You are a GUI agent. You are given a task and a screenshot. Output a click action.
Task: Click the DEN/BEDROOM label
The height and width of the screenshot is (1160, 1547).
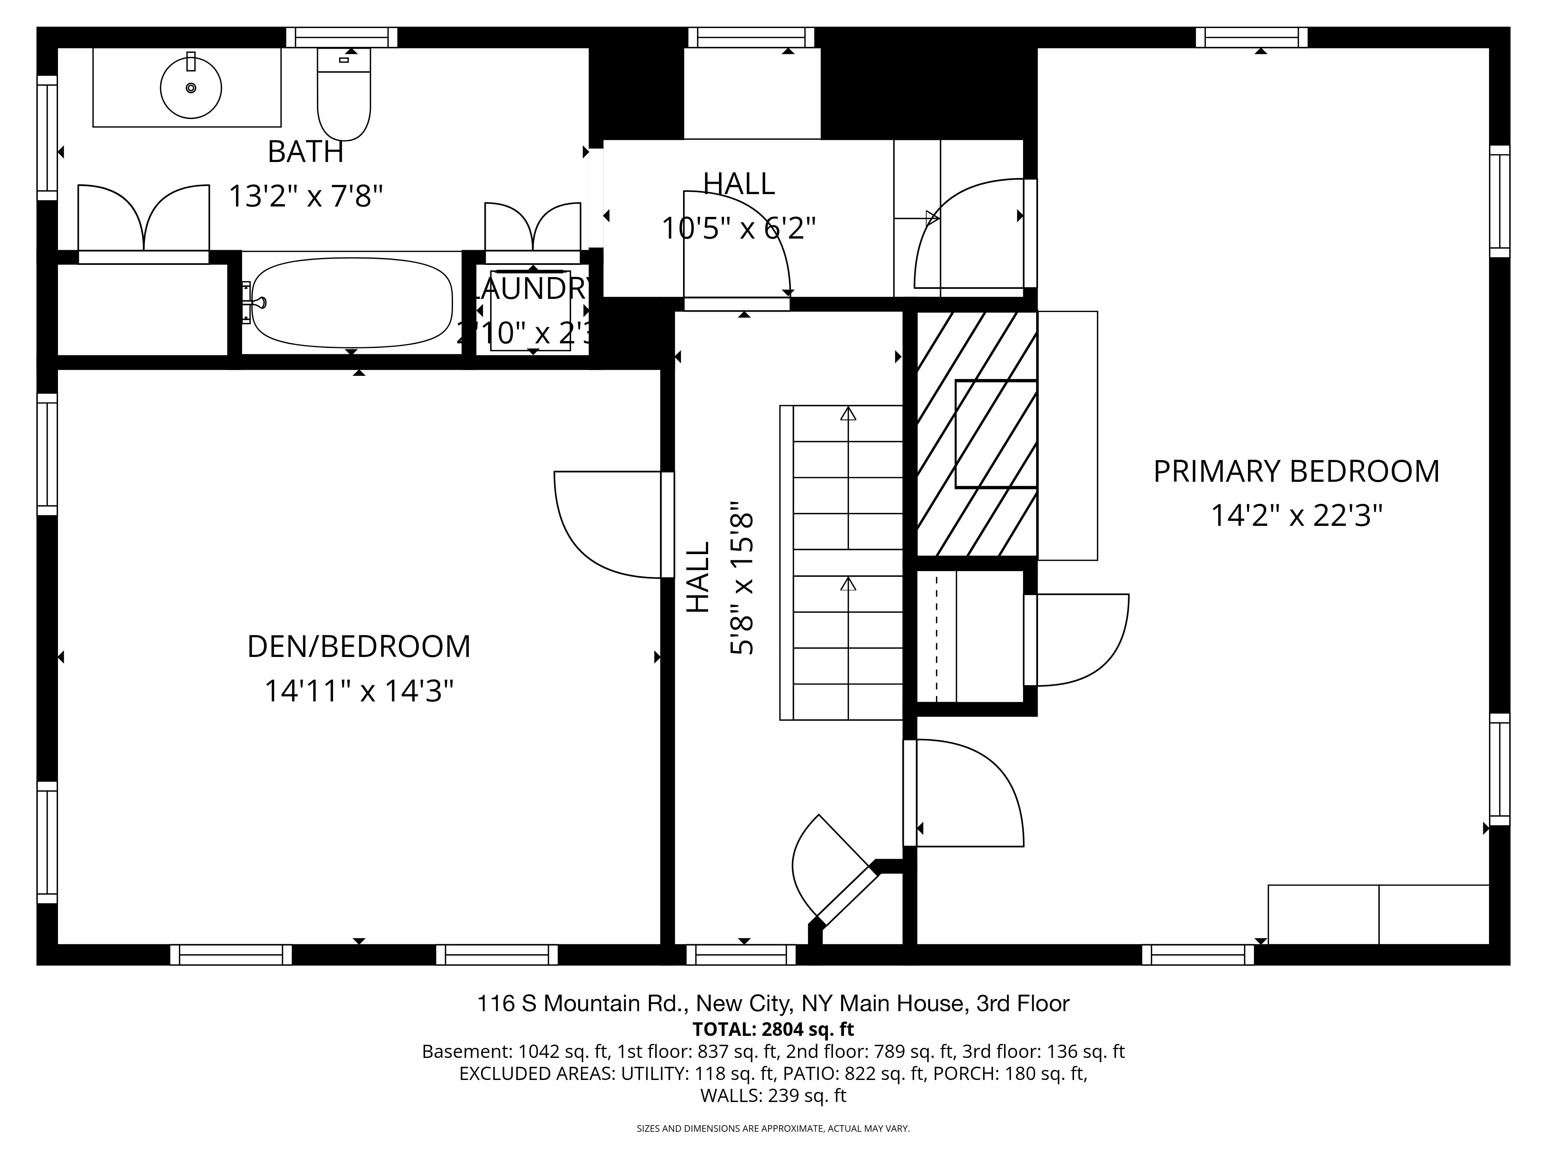(359, 647)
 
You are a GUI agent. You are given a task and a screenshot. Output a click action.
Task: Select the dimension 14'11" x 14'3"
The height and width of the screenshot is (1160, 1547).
(359, 691)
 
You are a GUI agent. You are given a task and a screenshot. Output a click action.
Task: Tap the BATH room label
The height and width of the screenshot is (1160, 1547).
(306, 152)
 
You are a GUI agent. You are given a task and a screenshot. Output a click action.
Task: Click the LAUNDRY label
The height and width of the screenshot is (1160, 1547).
(533, 288)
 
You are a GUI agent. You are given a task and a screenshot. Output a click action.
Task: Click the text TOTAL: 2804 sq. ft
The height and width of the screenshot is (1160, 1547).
(773, 1029)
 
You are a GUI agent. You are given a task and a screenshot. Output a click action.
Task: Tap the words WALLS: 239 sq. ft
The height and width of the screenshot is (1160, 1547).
(773, 1096)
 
